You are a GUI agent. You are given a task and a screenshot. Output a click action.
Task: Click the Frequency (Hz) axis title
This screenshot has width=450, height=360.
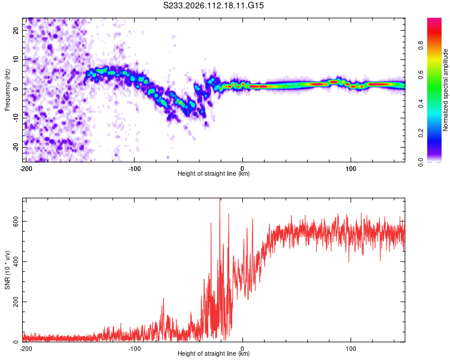[7, 90]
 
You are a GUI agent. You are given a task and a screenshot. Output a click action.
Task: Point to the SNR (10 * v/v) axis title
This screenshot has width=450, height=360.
[7, 270]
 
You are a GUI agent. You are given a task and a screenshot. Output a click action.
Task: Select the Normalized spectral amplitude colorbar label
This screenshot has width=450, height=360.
[446, 90]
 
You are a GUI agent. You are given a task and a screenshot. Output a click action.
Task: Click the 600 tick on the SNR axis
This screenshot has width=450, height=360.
[14, 221]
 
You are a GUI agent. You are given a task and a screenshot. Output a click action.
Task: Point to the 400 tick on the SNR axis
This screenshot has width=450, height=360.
[14, 262]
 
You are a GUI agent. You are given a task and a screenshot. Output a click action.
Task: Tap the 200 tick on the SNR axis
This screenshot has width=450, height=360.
[14, 302]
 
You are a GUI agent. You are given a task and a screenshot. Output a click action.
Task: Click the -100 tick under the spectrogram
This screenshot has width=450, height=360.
[134, 167]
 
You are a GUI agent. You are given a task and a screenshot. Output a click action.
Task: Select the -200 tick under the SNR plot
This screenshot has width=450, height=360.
[26, 347]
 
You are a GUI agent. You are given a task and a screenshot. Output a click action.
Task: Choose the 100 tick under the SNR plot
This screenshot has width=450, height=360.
[350, 347]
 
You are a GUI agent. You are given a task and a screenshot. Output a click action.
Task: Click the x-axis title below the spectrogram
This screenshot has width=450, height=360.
[214, 174]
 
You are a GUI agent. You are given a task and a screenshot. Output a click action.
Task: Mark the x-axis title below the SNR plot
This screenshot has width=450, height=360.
[214, 354]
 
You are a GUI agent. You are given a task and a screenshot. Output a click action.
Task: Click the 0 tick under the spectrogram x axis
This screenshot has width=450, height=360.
[242, 167]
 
